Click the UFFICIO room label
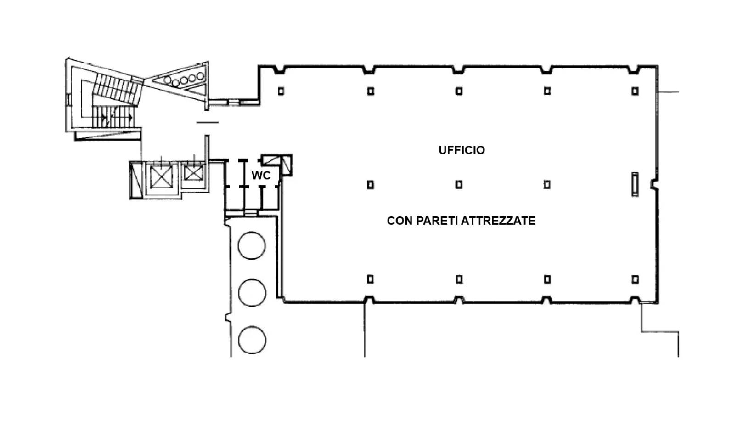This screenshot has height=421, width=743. pyautogui.click(x=462, y=150)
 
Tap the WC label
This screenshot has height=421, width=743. pyautogui.click(x=261, y=176)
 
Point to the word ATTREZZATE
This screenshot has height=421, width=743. pyautogui.click(x=498, y=221)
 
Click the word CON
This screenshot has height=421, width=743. pyautogui.click(x=400, y=221)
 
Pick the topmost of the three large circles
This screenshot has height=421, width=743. pyautogui.click(x=252, y=245)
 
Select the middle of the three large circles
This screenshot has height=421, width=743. pyautogui.click(x=252, y=292)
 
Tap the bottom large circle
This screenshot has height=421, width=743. pyautogui.click(x=252, y=340)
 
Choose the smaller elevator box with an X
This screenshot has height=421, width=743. pyautogui.click(x=193, y=173)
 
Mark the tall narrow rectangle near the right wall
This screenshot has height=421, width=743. pyautogui.click(x=635, y=184)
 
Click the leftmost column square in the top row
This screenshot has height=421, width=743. pyautogui.click(x=281, y=91)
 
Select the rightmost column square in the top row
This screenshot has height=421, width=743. pyautogui.click(x=635, y=91)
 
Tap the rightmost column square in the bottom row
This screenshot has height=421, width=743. pyautogui.click(x=635, y=279)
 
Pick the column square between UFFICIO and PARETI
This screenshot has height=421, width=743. pyautogui.click(x=459, y=185)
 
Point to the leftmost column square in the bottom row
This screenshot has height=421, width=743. pyautogui.click(x=371, y=279)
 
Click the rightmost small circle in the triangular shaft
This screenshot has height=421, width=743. pyautogui.click(x=200, y=76)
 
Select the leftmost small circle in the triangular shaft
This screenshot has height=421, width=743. pyautogui.click(x=168, y=80)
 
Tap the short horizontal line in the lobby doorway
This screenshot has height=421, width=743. pyautogui.click(x=208, y=122)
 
